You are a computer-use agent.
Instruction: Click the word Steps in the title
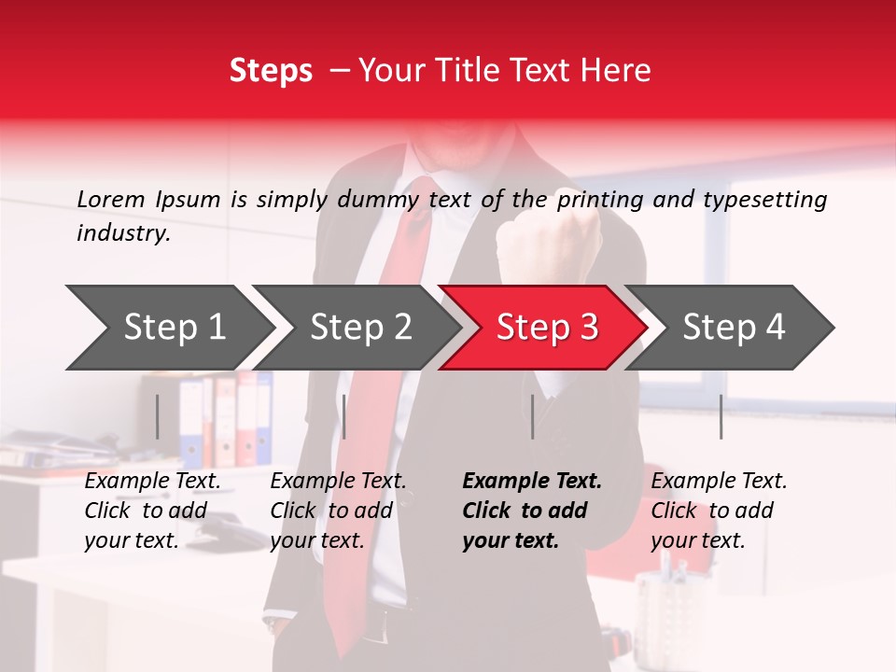click(271, 71)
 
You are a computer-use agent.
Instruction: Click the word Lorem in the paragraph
click(111, 199)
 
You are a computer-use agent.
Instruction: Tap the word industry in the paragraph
click(122, 233)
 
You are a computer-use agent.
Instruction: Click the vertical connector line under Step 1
click(158, 416)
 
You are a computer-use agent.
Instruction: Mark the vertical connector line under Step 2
click(344, 416)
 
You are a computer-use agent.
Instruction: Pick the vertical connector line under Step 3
click(533, 416)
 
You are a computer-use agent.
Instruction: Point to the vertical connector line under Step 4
click(721, 416)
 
